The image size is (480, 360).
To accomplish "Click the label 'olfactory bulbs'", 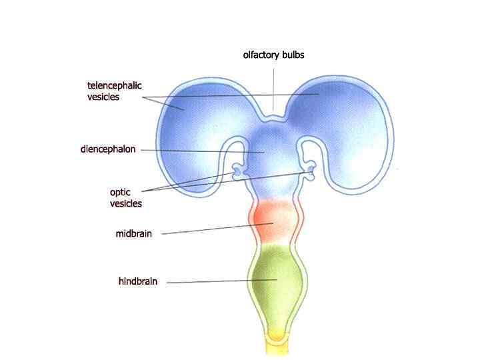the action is pyautogui.click(x=273, y=55).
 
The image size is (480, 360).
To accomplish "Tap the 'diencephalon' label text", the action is pyautogui.click(x=108, y=149).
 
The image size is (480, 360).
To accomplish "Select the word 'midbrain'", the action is pyautogui.click(x=134, y=233).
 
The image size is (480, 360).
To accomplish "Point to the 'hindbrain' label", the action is pyautogui.click(x=138, y=281).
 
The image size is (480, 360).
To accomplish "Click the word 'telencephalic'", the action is pyautogui.click(x=115, y=85).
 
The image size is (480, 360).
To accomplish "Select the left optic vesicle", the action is pyautogui.click(x=237, y=174).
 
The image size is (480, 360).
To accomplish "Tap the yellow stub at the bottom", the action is pyautogui.click(x=274, y=343).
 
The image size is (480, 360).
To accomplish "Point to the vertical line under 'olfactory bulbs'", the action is pyautogui.click(x=273, y=87).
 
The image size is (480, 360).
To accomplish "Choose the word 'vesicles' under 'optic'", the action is pyautogui.click(x=126, y=203).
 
